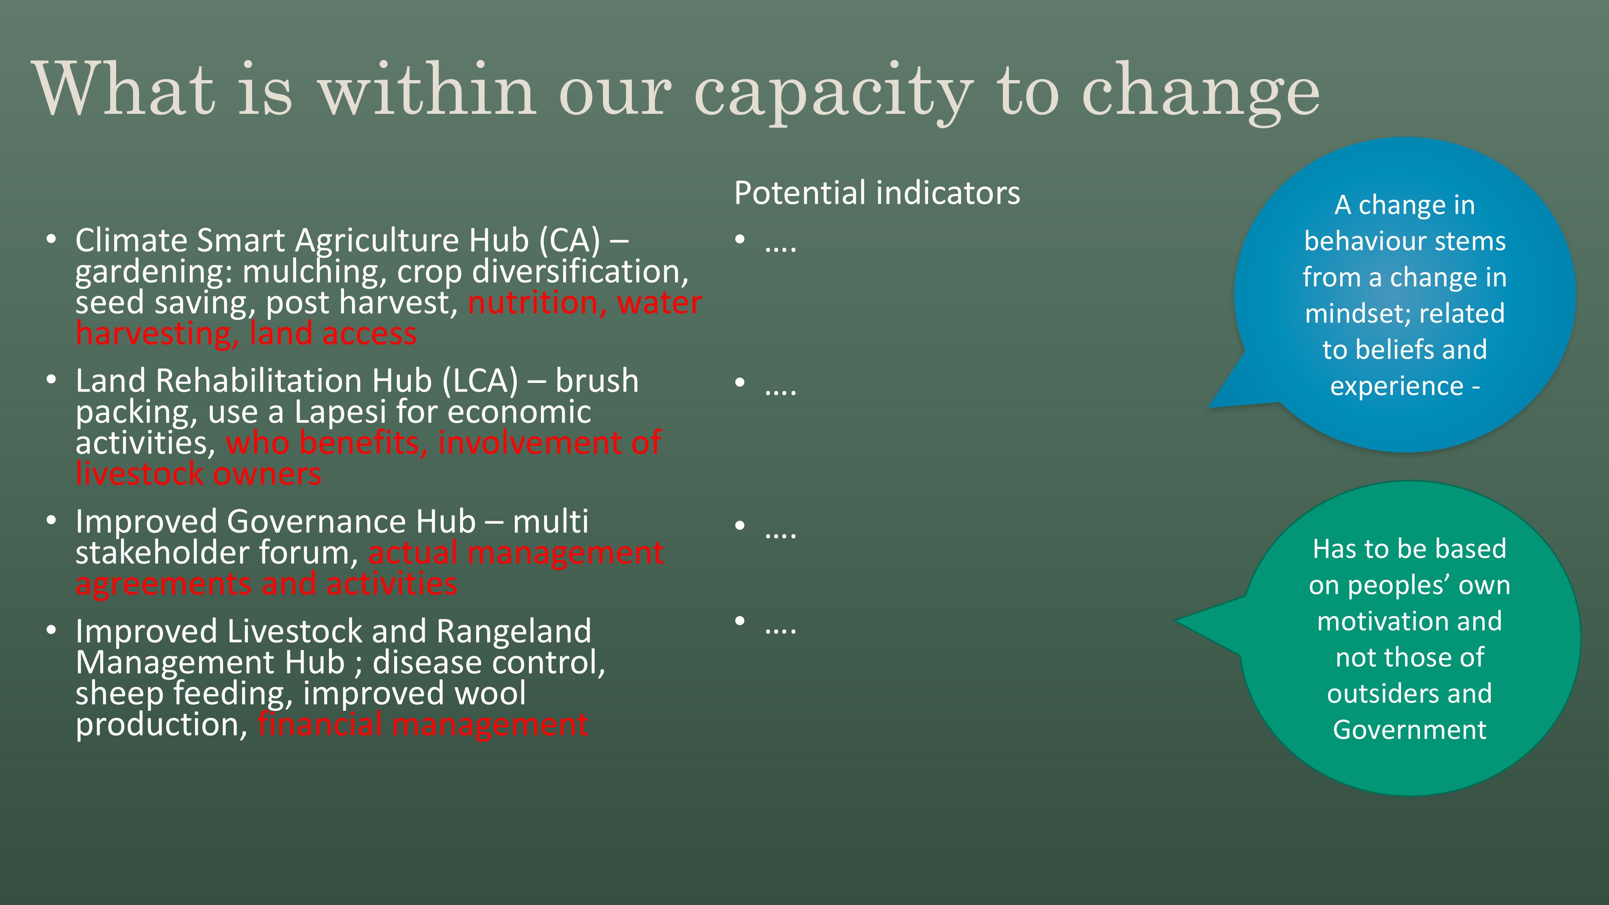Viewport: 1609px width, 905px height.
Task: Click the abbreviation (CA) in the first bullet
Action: (569, 241)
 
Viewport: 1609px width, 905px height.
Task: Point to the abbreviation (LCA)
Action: (480, 381)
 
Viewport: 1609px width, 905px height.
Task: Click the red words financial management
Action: (423, 724)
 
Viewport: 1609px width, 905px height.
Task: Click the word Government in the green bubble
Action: (1409, 730)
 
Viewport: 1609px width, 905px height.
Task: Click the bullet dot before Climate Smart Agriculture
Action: (51, 239)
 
